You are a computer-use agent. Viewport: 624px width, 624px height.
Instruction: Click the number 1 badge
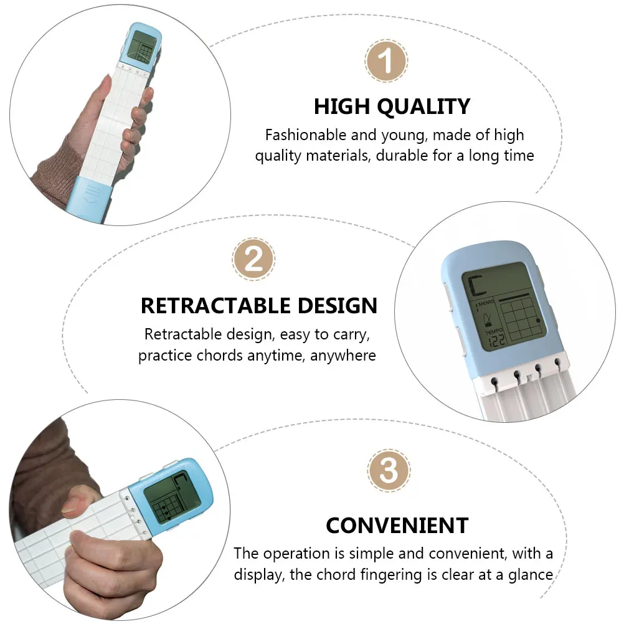click(x=386, y=62)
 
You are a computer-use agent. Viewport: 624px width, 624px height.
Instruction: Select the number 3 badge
click(x=389, y=471)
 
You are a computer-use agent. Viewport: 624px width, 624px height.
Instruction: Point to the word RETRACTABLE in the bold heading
click(x=215, y=306)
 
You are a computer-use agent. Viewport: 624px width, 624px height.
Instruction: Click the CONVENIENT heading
click(x=397, y=526)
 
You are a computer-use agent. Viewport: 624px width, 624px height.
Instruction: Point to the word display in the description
click(x=257, y=574)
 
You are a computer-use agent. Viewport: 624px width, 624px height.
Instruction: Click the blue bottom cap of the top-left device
click(x=93, y=196)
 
